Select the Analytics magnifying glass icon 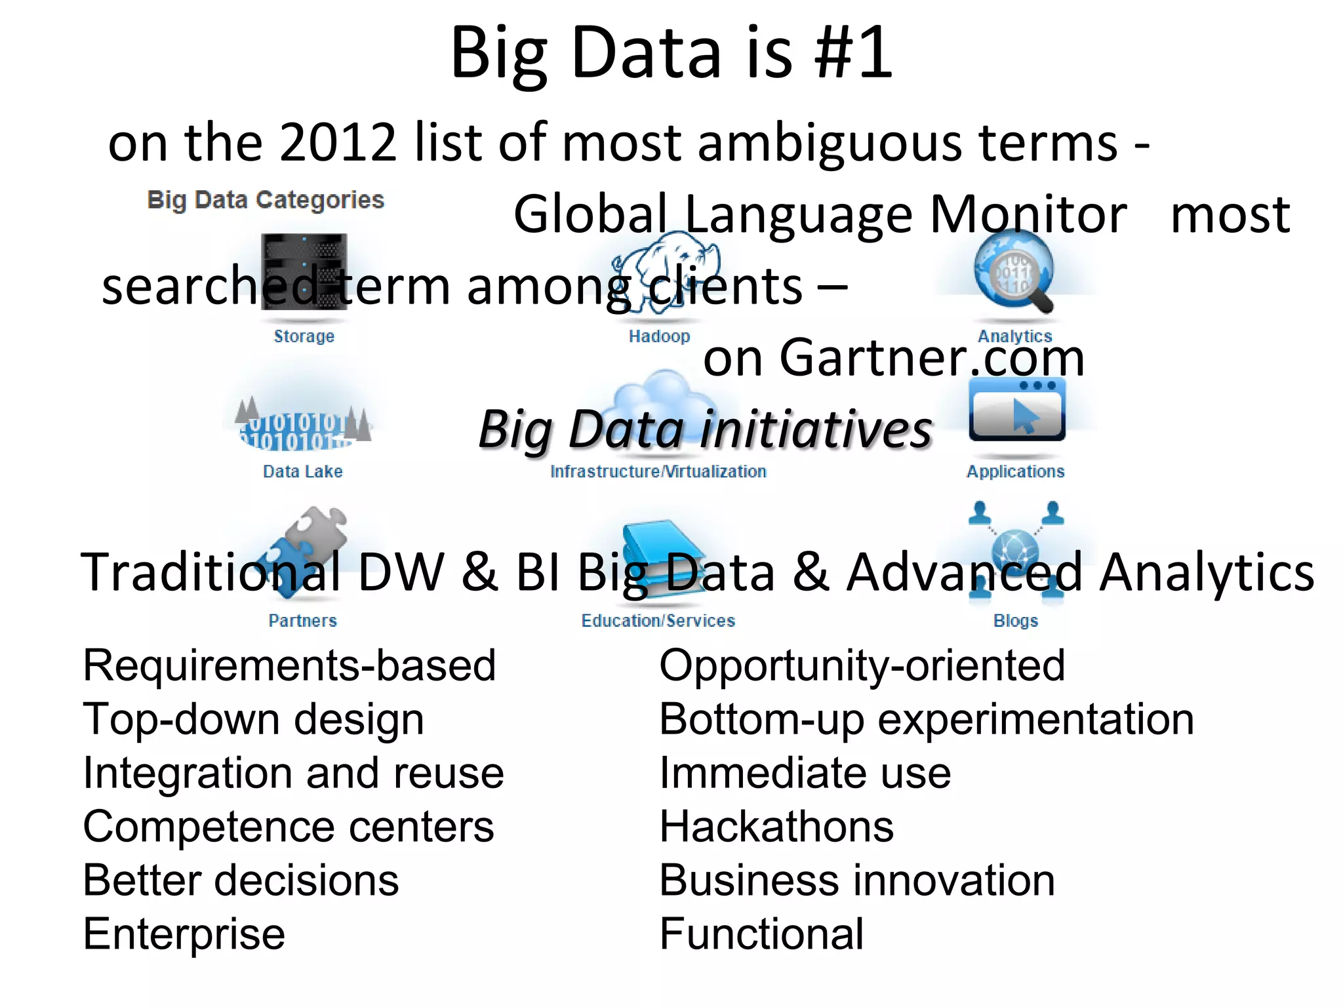click(x=1014, y=272)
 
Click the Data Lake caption click(x=302, y=471)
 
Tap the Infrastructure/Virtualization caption click(x=658, y=471)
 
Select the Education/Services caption click(x=658, y=620)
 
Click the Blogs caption click(x=1015, y=620)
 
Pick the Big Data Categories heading click(x=266, y=200)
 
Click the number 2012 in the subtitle click(x=338, y=142)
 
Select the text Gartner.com click(x=932, y=358)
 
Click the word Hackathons click(x=776, y=826)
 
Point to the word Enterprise click(x=184, y=934)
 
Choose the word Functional click(x=761, y=934)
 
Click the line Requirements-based click(x=289, y=665)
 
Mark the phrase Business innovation click(x=857, y=880)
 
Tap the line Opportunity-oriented click(x=862, y=665)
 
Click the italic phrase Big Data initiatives click(x=705, y=429)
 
